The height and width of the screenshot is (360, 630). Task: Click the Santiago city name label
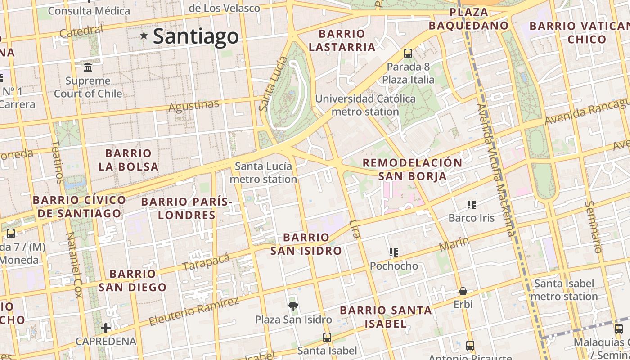click(x=196, y=36)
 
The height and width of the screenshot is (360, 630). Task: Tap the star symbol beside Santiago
click(x=144, y=35)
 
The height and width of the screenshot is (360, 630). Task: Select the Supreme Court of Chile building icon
click(x=88, y=67)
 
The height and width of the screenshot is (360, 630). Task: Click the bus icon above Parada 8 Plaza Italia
click(x=408, y=54)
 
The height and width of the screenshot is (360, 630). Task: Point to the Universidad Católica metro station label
click(x=365, y=105)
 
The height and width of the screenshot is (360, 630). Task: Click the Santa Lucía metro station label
click(x=263, y=173)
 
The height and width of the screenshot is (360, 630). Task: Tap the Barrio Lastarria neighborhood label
click(x=342, y=40)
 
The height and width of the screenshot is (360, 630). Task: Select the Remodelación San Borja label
click(x=413, y=169)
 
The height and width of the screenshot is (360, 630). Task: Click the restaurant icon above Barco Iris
click(x=472, y=205)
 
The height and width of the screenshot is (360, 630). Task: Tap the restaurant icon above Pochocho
click(x=394, y=253)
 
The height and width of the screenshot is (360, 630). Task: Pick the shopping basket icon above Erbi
click(x=463, y=292)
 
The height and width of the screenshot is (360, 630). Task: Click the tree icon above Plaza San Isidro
click(x=293, y=307)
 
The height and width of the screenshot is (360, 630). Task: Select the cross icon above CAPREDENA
click(x=106, y=328)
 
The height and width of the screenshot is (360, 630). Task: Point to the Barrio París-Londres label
click(x=187, y=208)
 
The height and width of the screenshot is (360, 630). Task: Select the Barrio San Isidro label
click(x=306, y=244)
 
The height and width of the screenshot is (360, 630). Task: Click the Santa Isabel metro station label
click(x=564, y=290)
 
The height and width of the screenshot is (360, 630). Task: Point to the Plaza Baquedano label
click(x=468, y=19)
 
